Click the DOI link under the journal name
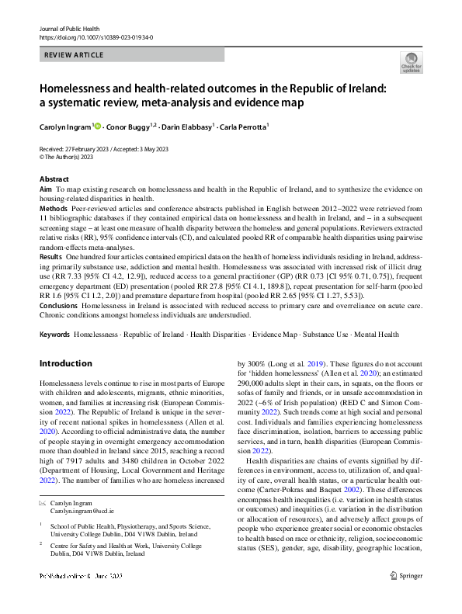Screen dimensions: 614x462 coord(96,36)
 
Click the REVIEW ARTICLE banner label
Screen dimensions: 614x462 coord(74,56)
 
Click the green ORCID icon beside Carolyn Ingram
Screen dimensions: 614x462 coord(98,126)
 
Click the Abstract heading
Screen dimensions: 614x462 coord(54,179)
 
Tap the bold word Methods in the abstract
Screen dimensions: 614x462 coord(53,210)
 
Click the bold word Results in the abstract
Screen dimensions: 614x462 coord(50,256)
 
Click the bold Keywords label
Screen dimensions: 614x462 coord(54,334)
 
